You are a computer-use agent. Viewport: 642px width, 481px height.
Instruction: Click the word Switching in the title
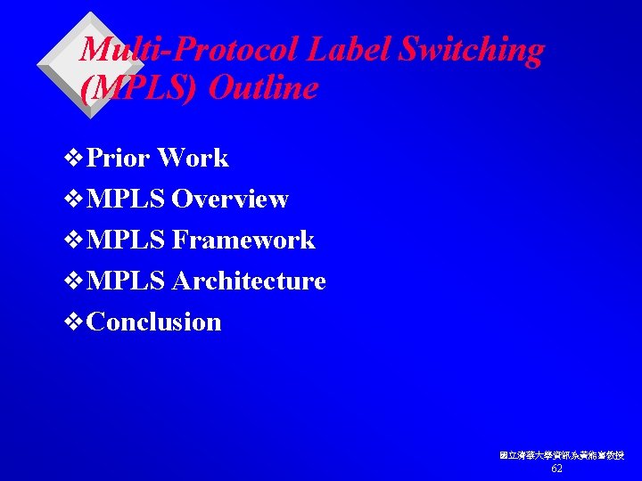coord(471,51)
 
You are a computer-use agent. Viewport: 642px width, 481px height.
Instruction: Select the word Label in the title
coord(348,51)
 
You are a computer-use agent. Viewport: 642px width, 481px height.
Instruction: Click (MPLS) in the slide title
coord(130,89)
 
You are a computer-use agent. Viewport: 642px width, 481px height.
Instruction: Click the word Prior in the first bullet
coord(119,159)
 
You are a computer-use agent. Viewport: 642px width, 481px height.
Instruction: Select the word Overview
coord(230,200)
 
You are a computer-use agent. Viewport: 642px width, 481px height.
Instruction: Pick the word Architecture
coord(249,281)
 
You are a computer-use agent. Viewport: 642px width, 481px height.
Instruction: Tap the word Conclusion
coord(155,322)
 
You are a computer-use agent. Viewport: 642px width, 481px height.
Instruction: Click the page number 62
coord(557,469)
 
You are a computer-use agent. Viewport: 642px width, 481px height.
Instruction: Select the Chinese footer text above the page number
coord(562,455)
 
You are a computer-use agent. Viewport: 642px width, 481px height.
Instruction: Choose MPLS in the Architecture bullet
coord(126,281)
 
